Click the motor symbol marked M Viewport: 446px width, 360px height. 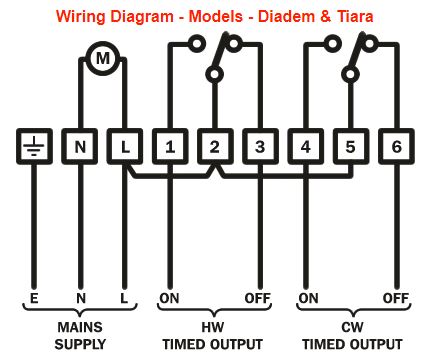click(x=103, y=58)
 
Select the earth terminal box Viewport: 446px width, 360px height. click(x=34, y=146)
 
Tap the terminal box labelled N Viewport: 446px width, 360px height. click(x=80, y=146)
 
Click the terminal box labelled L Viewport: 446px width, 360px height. click(x=125, y=146)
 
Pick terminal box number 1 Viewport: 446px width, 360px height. click(x=170, y=146)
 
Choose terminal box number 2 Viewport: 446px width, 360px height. click(x=215, y=146)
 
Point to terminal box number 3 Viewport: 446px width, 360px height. click(x=260, y=146)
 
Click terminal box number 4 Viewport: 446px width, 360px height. click(x=306, y=146)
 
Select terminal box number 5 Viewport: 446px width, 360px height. click(x=351, y=146)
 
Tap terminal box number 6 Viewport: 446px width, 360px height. click(x=396, y=146)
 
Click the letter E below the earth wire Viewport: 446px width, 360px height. click(x=34, y=298)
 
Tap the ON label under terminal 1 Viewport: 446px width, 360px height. click(x=169, y=298)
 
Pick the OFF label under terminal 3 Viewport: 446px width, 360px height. click(x=257, y=298)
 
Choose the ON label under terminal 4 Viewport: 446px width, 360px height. click(x=308, y=298)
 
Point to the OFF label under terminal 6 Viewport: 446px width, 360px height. click(x=396, y=298)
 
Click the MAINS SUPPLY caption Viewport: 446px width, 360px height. click(x=80, y=335)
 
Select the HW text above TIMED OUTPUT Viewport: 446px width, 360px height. click(x=213, y=327)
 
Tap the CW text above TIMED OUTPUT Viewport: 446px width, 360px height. click(x=352, y=327)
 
